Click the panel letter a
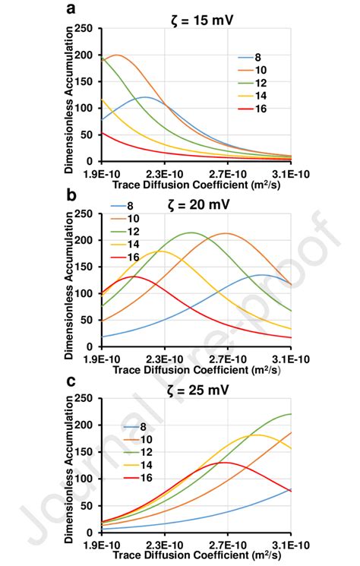tap(71, 8)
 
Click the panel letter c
tap(71, 381)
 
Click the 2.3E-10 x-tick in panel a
tap(163, 172)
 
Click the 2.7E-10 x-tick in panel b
tap(226, 358)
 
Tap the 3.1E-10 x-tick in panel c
tap(289, 544)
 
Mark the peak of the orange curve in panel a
tap(115, 55)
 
